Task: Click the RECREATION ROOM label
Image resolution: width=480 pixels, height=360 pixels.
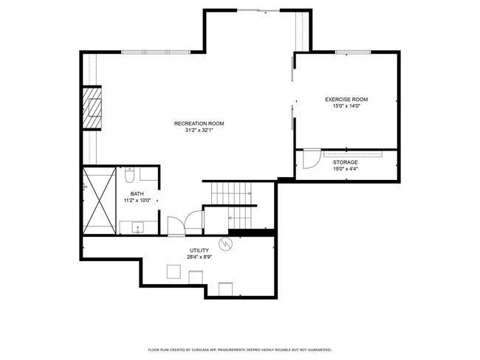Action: [x=199, y=124]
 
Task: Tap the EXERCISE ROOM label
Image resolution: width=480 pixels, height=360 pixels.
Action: [x=346, y=100]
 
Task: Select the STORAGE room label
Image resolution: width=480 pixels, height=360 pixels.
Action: [x=346, y=162]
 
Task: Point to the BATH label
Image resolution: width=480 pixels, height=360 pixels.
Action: [x=137, y=194]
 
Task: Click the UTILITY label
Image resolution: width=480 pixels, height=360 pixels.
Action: [x=199, y=251]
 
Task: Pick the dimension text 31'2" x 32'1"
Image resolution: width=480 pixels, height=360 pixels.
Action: [x=199, y=131]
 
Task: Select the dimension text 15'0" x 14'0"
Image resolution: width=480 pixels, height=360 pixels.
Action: [x=346, y=106]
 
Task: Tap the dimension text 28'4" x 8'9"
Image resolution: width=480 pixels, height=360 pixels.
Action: [x=199, y=257]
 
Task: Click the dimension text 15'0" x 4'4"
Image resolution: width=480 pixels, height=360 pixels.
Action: [x=346, y=169]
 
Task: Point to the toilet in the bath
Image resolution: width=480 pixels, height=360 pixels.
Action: [x=129, y=175]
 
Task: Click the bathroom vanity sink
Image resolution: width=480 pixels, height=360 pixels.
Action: [x=138, y=227]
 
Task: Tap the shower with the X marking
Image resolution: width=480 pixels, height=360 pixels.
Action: [x=100, y=201]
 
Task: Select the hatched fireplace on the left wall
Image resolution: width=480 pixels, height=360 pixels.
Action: [x=92, y=108]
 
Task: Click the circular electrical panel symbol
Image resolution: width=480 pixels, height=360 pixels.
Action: [x=226, y=243]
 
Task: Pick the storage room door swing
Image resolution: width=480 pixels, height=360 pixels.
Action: [x=312, y=159]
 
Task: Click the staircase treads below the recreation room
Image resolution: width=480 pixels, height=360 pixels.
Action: [x=231, y=205]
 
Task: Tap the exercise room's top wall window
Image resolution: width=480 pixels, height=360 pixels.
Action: [x=353, y=52]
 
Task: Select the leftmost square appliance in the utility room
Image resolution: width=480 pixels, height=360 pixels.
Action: [x=174, y=271]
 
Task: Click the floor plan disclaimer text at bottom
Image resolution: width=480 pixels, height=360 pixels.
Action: [x=240, y=350]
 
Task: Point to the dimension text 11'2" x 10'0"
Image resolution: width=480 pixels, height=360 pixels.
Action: [x=137, y=201]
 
